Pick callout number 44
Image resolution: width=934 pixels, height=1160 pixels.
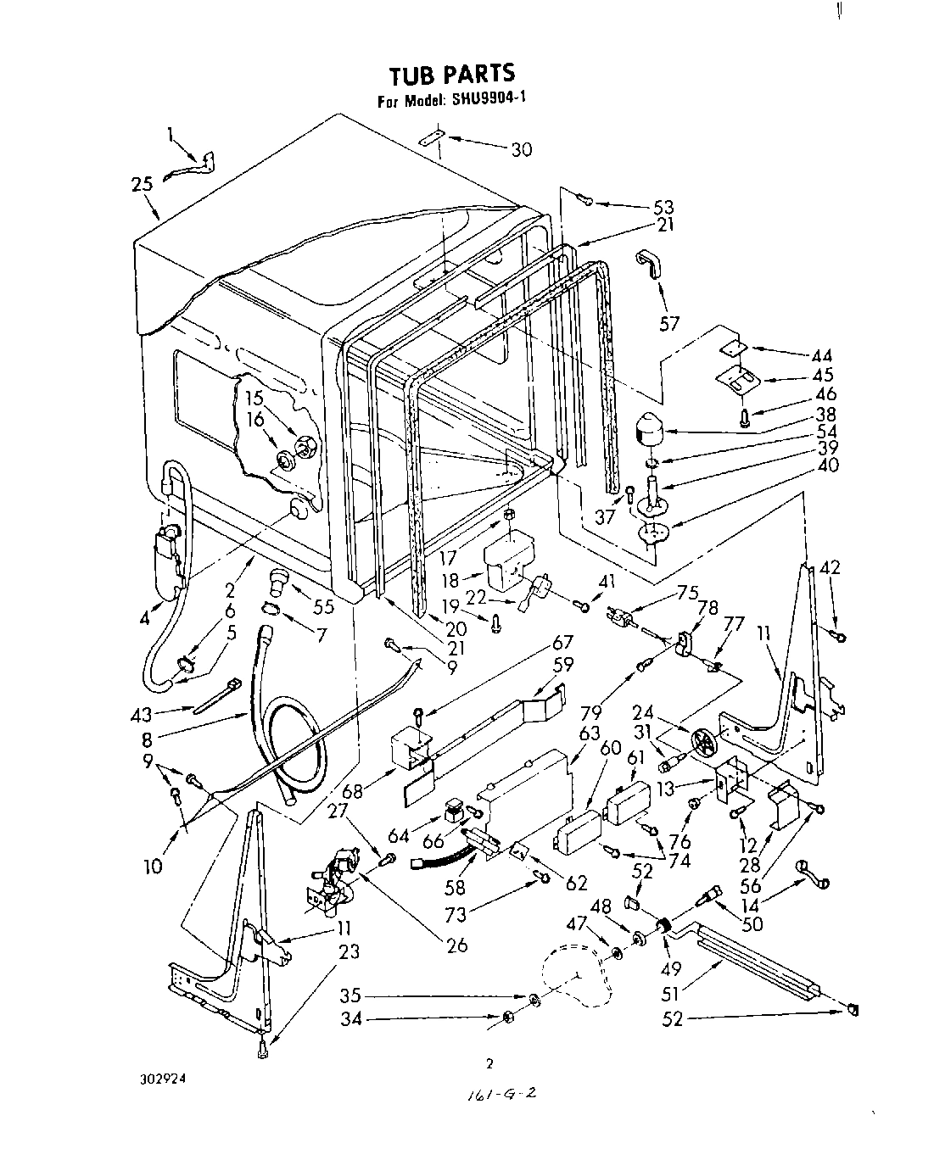(822, 356)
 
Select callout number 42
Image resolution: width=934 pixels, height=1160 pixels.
(831, 569)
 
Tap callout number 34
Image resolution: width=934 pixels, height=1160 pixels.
(351, 1019)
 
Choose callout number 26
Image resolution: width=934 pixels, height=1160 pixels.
(456, 945)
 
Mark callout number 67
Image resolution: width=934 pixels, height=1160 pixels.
(562, 642)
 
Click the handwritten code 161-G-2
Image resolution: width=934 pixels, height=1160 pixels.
(500, 1095)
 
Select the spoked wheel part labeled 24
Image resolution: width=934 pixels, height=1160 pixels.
(703, 744)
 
